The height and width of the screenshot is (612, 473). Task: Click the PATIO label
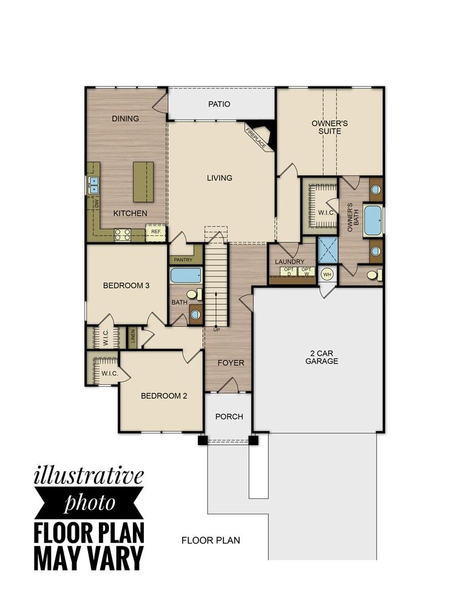click(x=219, y=104)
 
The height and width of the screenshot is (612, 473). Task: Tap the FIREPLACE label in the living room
click(x=256, y=137)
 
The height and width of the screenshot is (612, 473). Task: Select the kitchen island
click(x=143, y=181)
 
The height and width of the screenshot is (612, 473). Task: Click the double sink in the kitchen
click(x=94, y=185)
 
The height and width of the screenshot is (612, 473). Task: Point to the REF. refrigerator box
click(x=156, y=231)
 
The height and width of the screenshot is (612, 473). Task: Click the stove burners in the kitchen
click(x=123, y=234)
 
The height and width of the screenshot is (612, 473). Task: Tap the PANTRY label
click(x=183, y=260)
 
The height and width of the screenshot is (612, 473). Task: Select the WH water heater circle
click(x=327, y=274)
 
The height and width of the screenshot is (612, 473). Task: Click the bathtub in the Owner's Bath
click(x=373, y=220)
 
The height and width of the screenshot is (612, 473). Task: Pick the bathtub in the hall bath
click(x=185, y=276)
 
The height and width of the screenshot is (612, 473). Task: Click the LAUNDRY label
click(x=289, y=262)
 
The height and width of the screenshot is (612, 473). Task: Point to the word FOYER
click(x=231, y=363)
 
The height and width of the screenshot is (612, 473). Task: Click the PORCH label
click(x=230, y=416)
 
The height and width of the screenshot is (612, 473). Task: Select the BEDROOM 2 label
click(x=164, y=396)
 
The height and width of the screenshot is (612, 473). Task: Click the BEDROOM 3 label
click(x=126, y=285)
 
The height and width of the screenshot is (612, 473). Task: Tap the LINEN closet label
click(x=132, y=338)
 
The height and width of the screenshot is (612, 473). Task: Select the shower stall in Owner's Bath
click(x=327, y=249)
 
